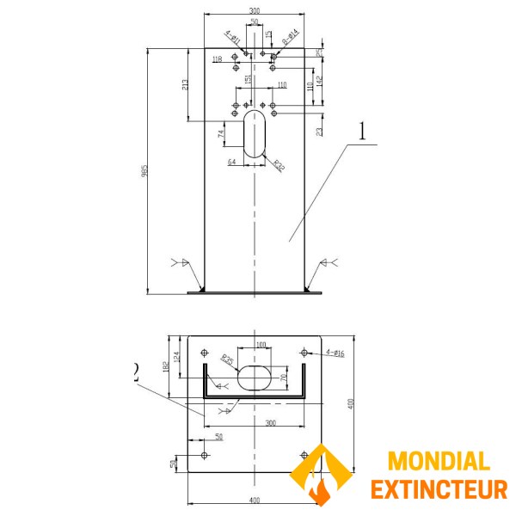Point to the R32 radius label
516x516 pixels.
279,165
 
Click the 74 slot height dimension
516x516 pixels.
222,134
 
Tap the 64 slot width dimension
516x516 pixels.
232,162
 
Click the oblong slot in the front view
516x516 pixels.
255,133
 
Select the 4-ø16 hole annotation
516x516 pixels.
335,353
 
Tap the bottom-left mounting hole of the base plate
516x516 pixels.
204,455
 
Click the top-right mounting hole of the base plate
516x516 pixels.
304,353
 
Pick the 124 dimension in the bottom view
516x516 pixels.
178,355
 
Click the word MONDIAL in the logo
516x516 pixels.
439,462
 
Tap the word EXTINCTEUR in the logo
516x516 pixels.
439,489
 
